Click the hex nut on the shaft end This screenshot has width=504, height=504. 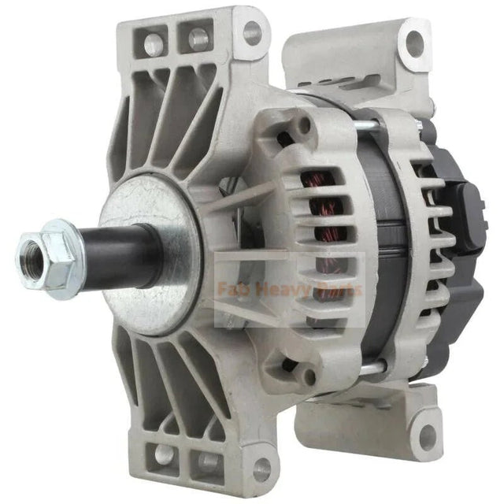pyautogui.click(x=49, y=251)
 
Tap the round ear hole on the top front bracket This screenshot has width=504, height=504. pyautogui.click(x=252, y=32)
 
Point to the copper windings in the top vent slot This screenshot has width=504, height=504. pyautogui.click(x=323, y=181)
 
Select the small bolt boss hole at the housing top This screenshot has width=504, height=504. pyautogui.click(x=305, y=124)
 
